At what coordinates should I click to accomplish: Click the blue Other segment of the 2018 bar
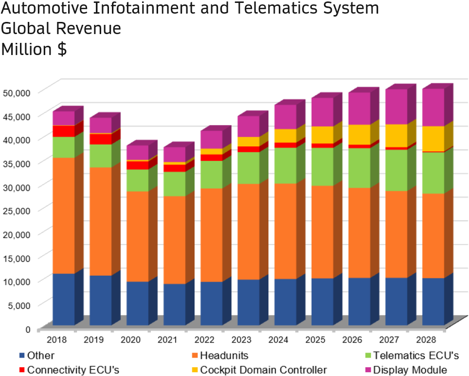click(64, 299)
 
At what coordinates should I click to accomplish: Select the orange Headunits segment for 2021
click(175, 240)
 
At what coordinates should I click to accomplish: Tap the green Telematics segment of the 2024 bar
click(286, 165)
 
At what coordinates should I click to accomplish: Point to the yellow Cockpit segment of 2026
click(360, 134)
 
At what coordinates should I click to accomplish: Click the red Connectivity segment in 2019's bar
click(101, 139)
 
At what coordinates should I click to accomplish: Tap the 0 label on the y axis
click(28, 329)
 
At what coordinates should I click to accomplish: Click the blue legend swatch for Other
click(22, 356)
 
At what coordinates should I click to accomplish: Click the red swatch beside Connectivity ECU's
click(22, 370)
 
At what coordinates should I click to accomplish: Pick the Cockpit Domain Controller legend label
click(263, 370)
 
